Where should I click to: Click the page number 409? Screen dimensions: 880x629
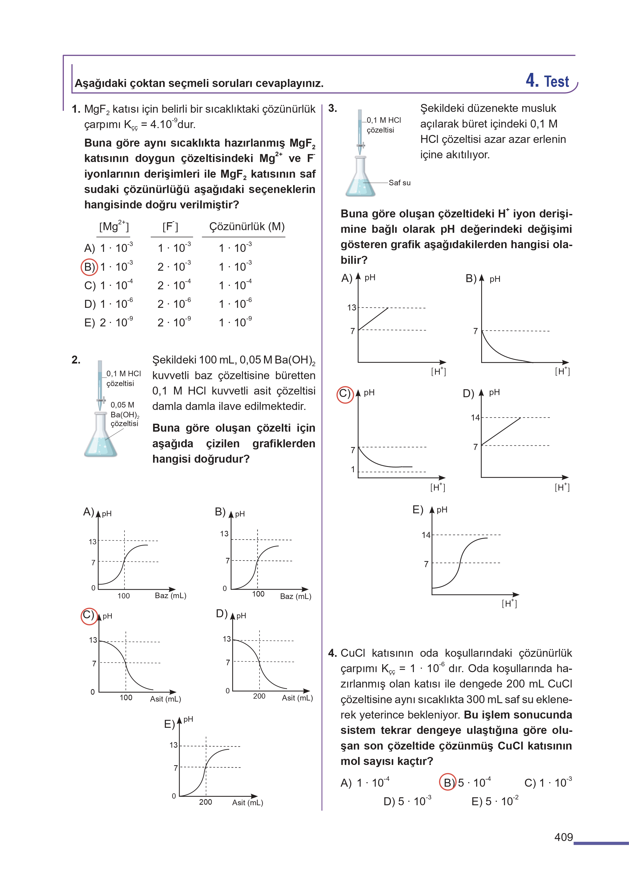563,837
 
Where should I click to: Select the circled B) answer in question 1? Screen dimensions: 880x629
89,267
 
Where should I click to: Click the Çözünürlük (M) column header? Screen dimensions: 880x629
247,226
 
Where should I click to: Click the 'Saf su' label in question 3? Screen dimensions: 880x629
399,183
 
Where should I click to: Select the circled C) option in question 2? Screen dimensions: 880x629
89,615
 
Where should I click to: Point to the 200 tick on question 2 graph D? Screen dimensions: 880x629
259,696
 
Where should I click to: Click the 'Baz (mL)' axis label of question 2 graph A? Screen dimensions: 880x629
170,596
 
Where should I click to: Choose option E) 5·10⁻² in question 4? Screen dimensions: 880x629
495,801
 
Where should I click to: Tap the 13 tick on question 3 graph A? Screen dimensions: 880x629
351,307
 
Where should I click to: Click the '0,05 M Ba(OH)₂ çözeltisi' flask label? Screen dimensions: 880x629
124,414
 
